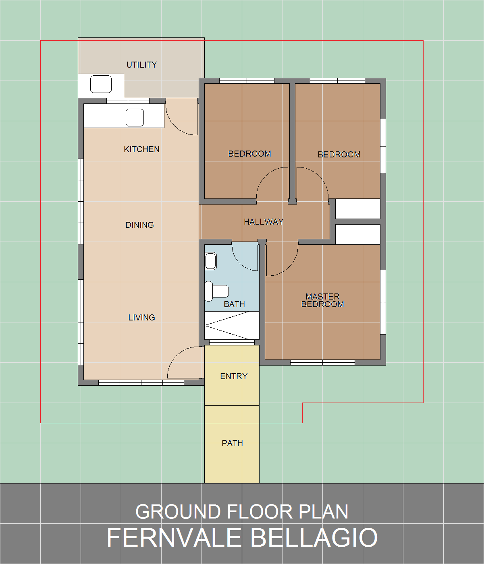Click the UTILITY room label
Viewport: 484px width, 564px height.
coord(142,65)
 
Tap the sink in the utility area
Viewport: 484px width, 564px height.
coord(101,84)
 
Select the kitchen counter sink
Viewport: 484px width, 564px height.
coord(135,118)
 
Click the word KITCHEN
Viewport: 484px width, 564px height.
coord(141,149)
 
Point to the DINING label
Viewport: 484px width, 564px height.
coord(139,225)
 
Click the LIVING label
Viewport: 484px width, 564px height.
coord(142,317)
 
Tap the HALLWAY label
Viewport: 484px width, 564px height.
coord(264,221)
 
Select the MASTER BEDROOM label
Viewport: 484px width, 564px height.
coord(322,300)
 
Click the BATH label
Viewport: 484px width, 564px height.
coord(235,304)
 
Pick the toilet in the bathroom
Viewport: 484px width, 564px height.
coord(216,291)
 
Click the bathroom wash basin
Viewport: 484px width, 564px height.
coord(211,261)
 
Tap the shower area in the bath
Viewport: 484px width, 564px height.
coord(232,326)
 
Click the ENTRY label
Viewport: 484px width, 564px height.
coord(234,376)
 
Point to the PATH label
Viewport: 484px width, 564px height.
coord(233,443)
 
